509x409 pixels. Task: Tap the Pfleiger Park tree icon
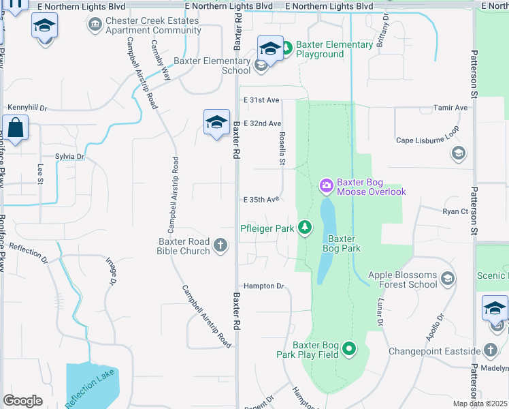[306, 228]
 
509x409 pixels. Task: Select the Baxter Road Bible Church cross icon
[220, 245]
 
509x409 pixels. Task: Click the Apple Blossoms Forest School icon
[448, 278]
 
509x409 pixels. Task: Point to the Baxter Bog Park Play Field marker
[350, 349]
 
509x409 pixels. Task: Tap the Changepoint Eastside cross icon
[491, 351]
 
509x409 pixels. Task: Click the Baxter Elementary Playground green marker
[286, 48]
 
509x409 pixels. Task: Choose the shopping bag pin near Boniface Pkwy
[15, 127]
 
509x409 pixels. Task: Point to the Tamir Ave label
[451, 108]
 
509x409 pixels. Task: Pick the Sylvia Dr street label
[69, 157]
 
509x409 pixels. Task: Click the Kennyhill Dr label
[27, 108]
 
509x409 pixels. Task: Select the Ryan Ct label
[455, 211]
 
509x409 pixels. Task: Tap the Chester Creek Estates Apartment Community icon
[95, 25]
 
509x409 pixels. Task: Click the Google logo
[22, 401]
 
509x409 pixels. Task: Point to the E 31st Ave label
[262, 100]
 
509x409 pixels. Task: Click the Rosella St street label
[282, 148]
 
